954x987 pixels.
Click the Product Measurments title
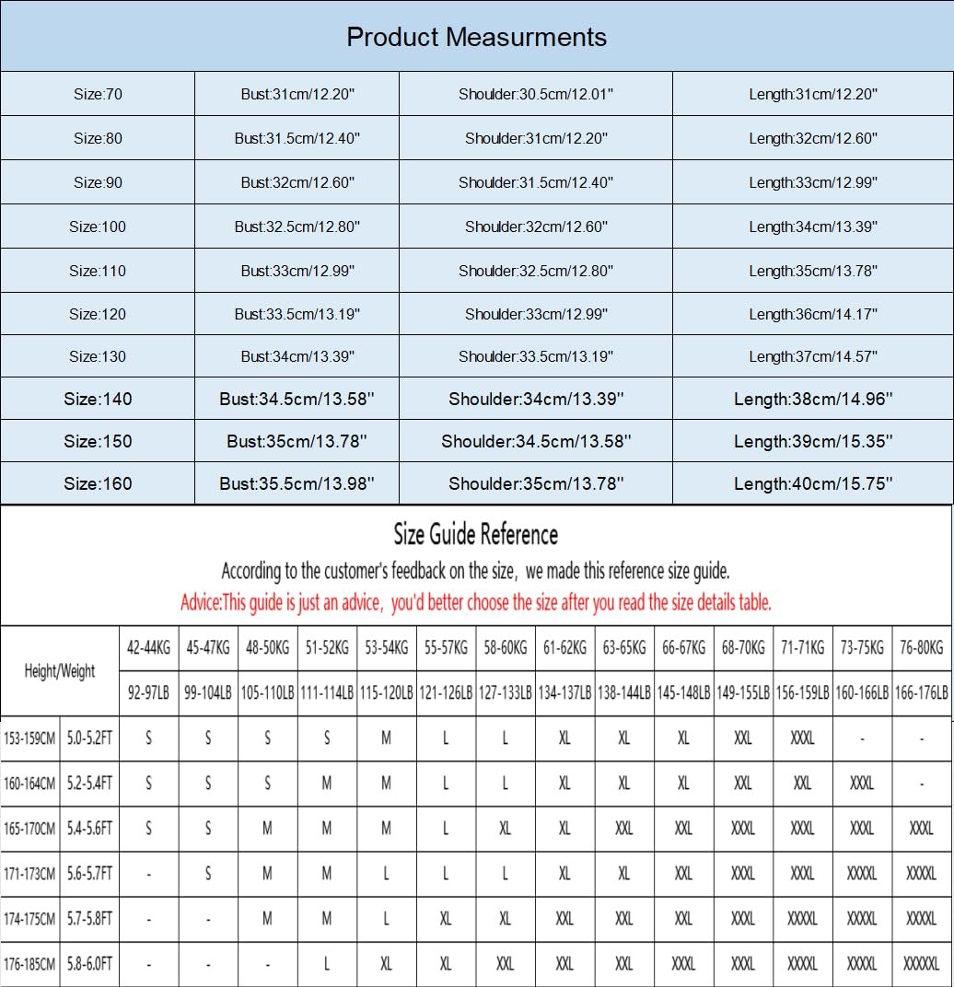tap(476, 37)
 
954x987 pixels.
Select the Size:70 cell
tap(98, 94)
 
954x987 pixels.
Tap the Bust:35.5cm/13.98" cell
tap(297, 483)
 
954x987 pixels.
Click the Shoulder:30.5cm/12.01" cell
tap(535, 94)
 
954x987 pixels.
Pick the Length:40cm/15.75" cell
tap(813, 483)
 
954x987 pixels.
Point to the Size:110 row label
tap(98, 271)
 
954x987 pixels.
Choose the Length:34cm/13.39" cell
tap(813, 226)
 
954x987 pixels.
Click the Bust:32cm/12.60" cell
tap(297, 182)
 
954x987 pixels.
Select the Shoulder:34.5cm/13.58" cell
tap(535, 441)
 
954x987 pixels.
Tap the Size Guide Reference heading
tap(476, 534)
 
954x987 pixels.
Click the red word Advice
tap(201, 603)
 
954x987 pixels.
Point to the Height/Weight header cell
tap(60, 671)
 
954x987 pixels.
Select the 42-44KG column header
tap(148, 648)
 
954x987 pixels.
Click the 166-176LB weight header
tap(921, 694)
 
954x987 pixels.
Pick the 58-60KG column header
tap(505, 648)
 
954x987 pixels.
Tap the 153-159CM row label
tap(30, 738)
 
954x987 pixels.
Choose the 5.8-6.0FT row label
tap(89, 964)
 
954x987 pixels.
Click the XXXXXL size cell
tap(921, 964)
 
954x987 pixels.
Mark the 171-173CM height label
tap(30, 874)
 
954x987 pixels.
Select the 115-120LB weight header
tap(386, 694)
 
